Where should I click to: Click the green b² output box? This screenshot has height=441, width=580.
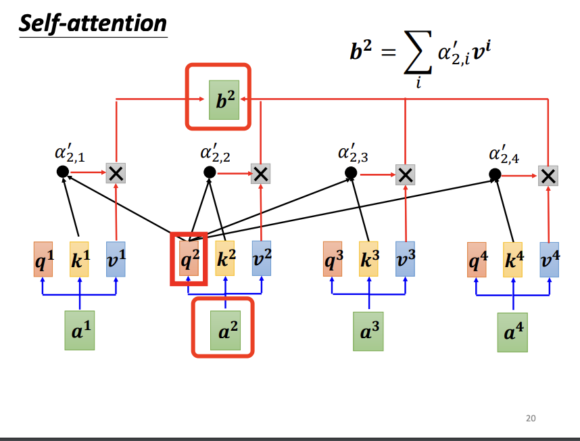[x=224, y=100]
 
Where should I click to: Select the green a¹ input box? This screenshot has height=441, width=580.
[x=79, y=330]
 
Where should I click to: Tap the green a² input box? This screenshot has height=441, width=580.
[x=225, y=329]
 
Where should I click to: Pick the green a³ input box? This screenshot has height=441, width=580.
[x=368, y=331]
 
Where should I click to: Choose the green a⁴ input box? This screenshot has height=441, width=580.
[x=512, y=332]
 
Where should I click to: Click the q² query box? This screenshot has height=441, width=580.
[x=189, y=259]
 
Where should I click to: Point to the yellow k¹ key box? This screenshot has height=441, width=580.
[x=80, y=259]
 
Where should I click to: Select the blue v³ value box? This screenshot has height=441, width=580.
[x=406, y=259]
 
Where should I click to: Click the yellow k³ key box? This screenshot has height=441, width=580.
[x=368, y=259]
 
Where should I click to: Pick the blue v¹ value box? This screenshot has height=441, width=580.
[x=116, y=259]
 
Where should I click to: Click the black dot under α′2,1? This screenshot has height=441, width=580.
[x=63, y=172]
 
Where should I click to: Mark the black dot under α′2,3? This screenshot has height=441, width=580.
[x=350, y=173]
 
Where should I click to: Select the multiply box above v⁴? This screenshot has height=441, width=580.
[x=548, y=177]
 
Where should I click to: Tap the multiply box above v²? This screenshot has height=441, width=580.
[x=260, y=174]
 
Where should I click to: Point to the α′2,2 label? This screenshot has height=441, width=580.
[x=215, y=153]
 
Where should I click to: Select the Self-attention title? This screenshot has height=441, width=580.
[x=93, y=24]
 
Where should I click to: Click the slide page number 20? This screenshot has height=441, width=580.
[x=531, y=419]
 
